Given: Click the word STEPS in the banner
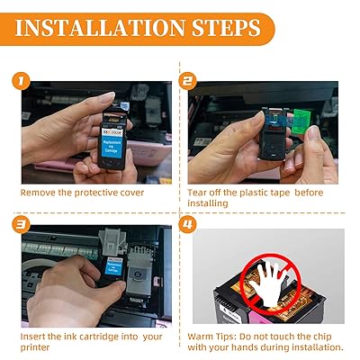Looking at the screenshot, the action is coord(226,28).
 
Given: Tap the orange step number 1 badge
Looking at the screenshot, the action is coord(21,81).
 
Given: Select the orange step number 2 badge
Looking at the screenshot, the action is coord(187,81).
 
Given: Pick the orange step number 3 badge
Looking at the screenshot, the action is coord(21,225).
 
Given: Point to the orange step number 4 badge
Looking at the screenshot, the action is coord(187,225).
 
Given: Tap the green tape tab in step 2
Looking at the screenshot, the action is coord(301,121).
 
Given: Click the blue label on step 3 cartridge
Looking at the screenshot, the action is coord(113,265).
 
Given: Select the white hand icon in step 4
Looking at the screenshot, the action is coord(268,280).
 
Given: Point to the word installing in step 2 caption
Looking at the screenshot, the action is coord(208,203).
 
